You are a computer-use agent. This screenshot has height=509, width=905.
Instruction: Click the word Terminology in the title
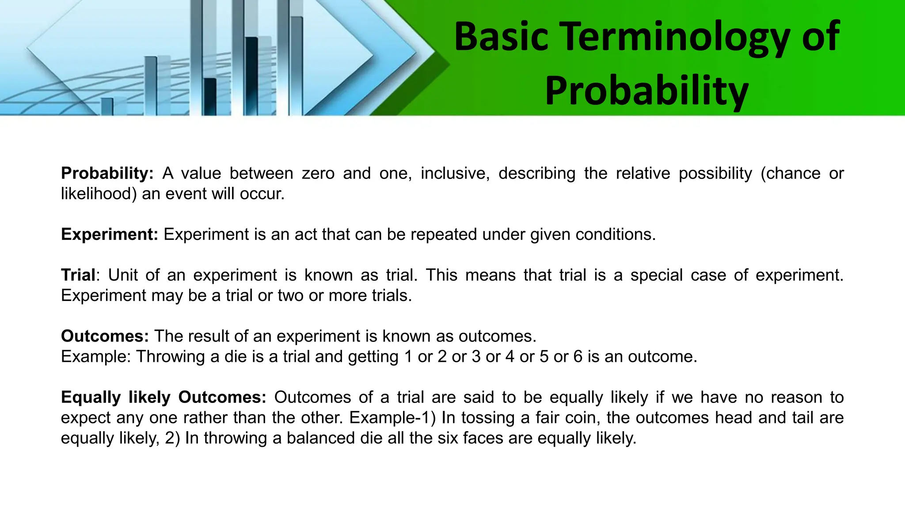point(676,37)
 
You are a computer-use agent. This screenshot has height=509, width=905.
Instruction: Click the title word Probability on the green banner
point(646,91)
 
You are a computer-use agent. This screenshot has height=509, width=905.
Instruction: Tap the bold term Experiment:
point(109,234)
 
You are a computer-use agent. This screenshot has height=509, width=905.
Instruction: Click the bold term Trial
point(78,275)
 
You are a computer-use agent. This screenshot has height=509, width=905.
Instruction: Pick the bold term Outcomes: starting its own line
point(105,336)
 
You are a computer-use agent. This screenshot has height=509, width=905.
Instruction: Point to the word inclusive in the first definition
point(455,173)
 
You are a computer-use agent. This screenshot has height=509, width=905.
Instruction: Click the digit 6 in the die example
point(578,357)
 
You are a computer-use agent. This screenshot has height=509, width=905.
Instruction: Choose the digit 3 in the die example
point(476,357)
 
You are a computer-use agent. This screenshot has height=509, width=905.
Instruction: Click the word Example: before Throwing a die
point(95,357)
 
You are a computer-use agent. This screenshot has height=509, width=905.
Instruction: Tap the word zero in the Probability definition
point(318,173)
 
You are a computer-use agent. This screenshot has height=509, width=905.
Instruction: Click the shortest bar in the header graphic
point(107,106)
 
